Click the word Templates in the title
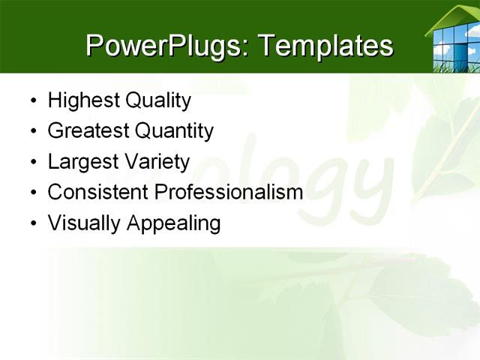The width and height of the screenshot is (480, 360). pyautogui.click(x=325, y=46)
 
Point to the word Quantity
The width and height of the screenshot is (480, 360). pyautogui.click(x=174, y=131)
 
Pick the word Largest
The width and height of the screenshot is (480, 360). pyautogui.click(x=79, y=162)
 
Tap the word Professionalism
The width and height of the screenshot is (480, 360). pyautogui.click(x=228, y=192)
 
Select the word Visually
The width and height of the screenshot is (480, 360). pyautogui.click(x=80, y=223)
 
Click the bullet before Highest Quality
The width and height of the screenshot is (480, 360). pyautogui.click(x=32, y=101)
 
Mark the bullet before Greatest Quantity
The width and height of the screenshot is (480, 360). pyautogui.click(x=32, y=132)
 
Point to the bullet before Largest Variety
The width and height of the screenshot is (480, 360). pyautogui.click(x=32, y=163)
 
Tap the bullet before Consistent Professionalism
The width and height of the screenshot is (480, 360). pyautogui.click(x=32, y=193)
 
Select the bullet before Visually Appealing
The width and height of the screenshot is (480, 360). pyautogui.click(x=32, y=223)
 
